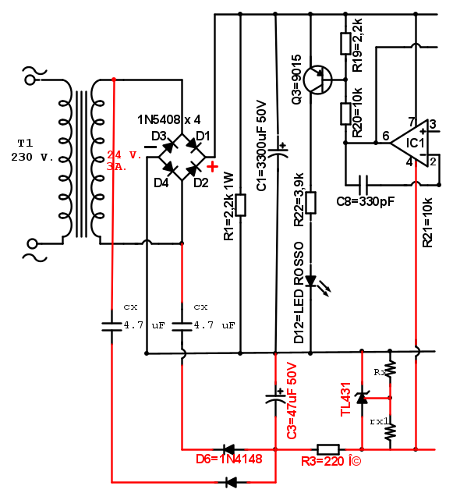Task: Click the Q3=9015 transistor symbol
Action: coord(317,80)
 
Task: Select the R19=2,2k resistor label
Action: coord(357,45)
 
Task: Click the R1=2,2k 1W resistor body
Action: coord(240,205)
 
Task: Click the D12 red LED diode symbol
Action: coord(310,281)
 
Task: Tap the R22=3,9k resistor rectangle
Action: coord(310,203)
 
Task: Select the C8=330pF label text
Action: coord(366,201)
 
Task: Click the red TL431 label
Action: coord(346,399)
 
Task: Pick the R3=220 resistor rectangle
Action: coord(328,449)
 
